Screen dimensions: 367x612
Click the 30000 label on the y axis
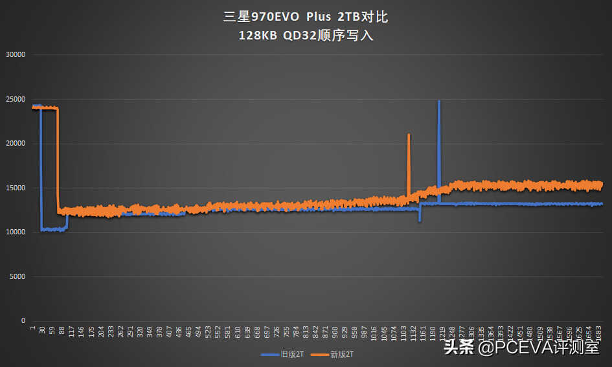click(x=14, y=54)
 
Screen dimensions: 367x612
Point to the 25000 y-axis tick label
click(x=14, y=99)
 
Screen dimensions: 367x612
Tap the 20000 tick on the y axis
click(x=14, y=143)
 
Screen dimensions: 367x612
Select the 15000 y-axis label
click(x=14, y=188)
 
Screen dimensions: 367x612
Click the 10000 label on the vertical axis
click(x=14, y=232)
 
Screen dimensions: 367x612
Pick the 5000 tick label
click(x=16, y=276)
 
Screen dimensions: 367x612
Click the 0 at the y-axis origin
click(x=23, y=320)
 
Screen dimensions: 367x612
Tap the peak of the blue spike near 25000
click(x=439, y=102)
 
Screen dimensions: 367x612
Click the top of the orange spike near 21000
click(x=409, y=135)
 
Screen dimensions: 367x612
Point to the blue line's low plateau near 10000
click(x=54, y=229)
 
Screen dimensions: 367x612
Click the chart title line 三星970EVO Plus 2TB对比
click(x=306, y=17)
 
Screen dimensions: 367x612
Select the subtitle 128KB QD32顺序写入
click(x=306, y=36)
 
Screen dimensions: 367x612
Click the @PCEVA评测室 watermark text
click(x=538, y=348)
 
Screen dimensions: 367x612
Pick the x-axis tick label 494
click(x=198, y=332)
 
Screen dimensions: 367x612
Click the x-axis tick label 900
click(x=334, y=332)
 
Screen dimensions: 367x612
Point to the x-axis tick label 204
click(x=101, y=332)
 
